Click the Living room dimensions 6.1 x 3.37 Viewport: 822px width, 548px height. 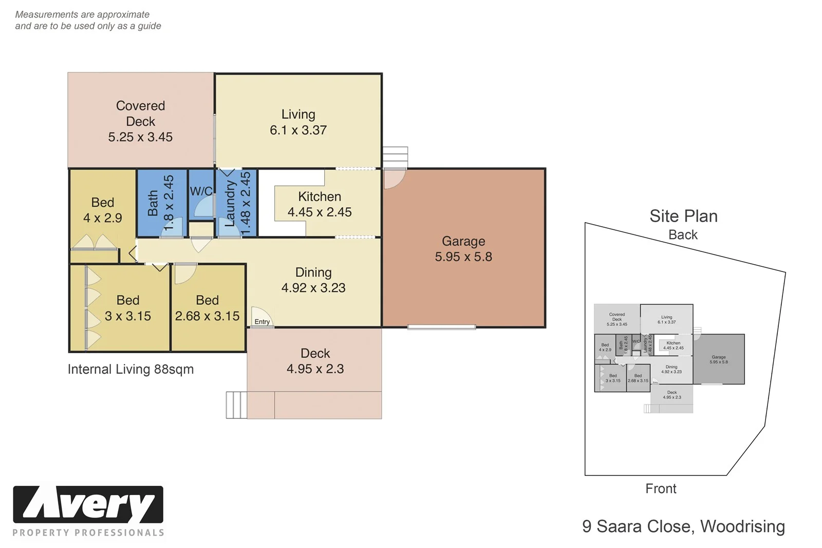pos(298,131)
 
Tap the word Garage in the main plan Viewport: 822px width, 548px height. pos(463,241)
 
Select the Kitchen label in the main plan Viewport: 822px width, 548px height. pos(319,196)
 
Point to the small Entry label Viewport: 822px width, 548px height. pos(262,322)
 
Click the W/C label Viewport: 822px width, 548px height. pos(201,191)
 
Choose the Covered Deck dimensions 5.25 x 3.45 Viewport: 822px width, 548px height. pos(140,137)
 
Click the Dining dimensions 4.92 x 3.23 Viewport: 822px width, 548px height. pos(313,288)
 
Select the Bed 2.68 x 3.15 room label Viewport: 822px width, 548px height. pos(207,308)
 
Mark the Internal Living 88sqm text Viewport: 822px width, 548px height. pos(130,370)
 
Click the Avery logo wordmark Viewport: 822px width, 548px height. pos(88,505)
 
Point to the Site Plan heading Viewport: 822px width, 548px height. pos(683,216)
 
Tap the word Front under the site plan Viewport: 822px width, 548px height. pos(661,489)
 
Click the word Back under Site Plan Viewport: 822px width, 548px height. pos(683,235)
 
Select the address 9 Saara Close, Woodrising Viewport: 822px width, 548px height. pos(683,526)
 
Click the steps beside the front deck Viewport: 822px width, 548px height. pos(236,405)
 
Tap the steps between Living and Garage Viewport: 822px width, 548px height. pos(395,157)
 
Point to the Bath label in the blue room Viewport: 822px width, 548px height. pos(153,203)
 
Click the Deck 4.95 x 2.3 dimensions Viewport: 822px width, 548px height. pos(315,369)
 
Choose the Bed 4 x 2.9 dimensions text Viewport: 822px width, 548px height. pos(102,218)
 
